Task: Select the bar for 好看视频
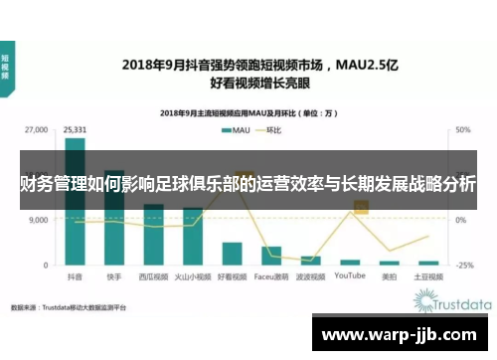click(x=232, y=254)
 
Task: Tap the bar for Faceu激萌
click(x=270, y=256)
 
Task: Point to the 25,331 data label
click(x=76, y=129)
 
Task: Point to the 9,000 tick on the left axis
click(x=39, y=221)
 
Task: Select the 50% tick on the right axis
click(x=463, y=130)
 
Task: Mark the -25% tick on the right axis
click(x=463, y=266)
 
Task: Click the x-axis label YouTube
click(x=349, y=276)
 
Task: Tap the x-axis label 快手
click(x=114, y=276)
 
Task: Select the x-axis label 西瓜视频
click(x=153, y=276)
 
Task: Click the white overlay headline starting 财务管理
click(x=248, y=185)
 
